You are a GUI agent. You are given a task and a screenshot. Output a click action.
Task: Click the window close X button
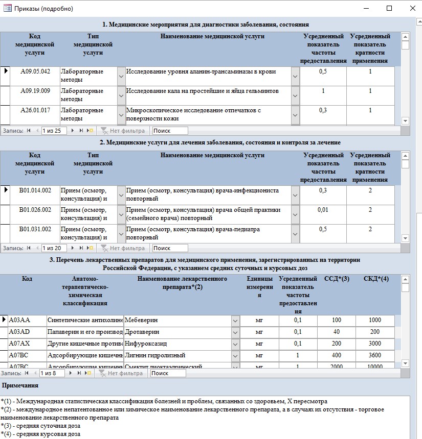[413, 8]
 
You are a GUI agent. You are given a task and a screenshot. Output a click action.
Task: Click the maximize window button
[389, 8]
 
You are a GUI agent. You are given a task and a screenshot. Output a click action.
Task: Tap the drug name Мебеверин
[141, 320]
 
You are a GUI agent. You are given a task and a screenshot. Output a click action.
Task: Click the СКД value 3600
[375, 355]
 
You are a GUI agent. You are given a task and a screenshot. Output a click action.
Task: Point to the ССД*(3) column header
[337, 279]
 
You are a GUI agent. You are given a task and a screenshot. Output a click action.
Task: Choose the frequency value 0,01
[323, 210]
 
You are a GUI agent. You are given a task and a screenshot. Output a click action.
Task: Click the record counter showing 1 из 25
[54, 131]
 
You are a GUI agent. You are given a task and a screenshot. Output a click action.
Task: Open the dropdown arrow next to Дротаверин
[235, 332]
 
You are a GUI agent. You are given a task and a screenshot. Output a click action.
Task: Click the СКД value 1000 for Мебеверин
[375, 320]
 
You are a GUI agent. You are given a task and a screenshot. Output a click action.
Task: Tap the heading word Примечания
[20, 385]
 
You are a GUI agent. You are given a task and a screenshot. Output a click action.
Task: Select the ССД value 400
[337, 355]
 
